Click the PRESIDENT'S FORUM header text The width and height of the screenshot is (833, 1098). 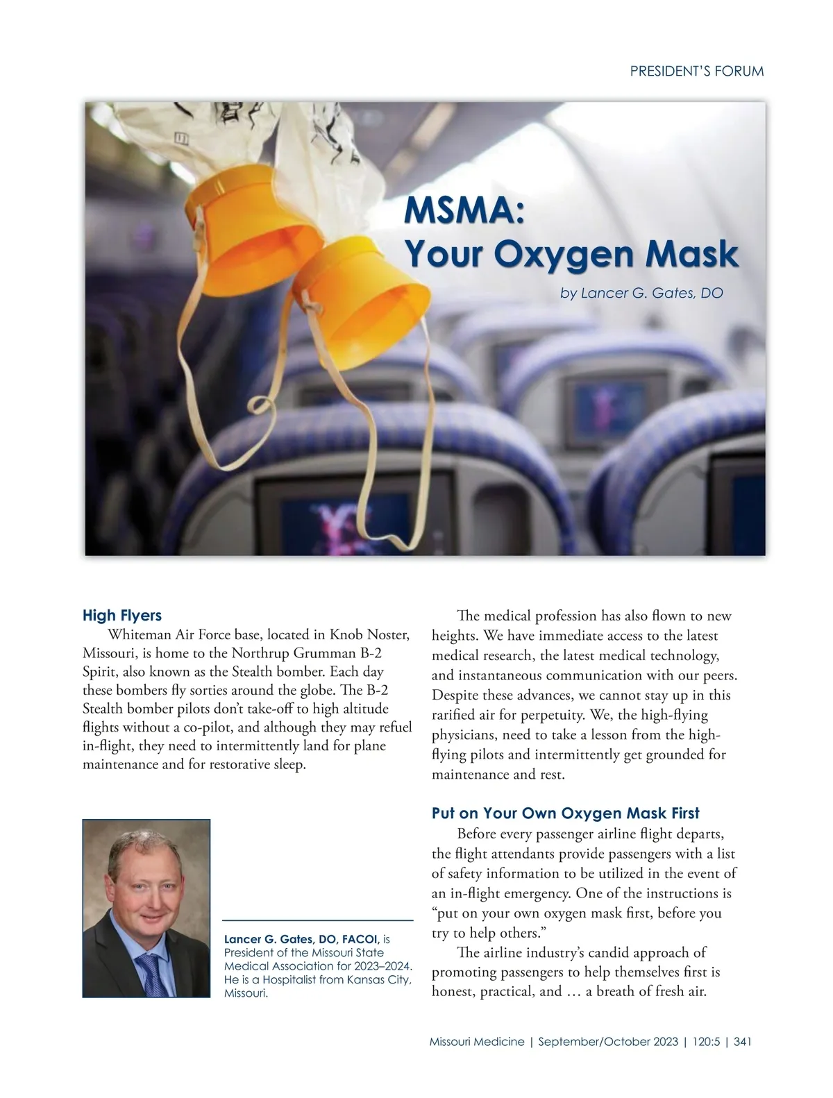tap(696, 71)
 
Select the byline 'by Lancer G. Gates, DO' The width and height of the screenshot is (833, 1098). tap(641, 293)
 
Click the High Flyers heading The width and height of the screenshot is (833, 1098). tap(122, 616)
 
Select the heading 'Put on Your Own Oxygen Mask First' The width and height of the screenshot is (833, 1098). tap(565, 813)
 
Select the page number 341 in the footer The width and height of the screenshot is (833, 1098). tap(743, 1042)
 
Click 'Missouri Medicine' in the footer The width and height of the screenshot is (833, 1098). tap(477, 1042)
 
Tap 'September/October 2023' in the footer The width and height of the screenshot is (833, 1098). tap(607, 1042)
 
